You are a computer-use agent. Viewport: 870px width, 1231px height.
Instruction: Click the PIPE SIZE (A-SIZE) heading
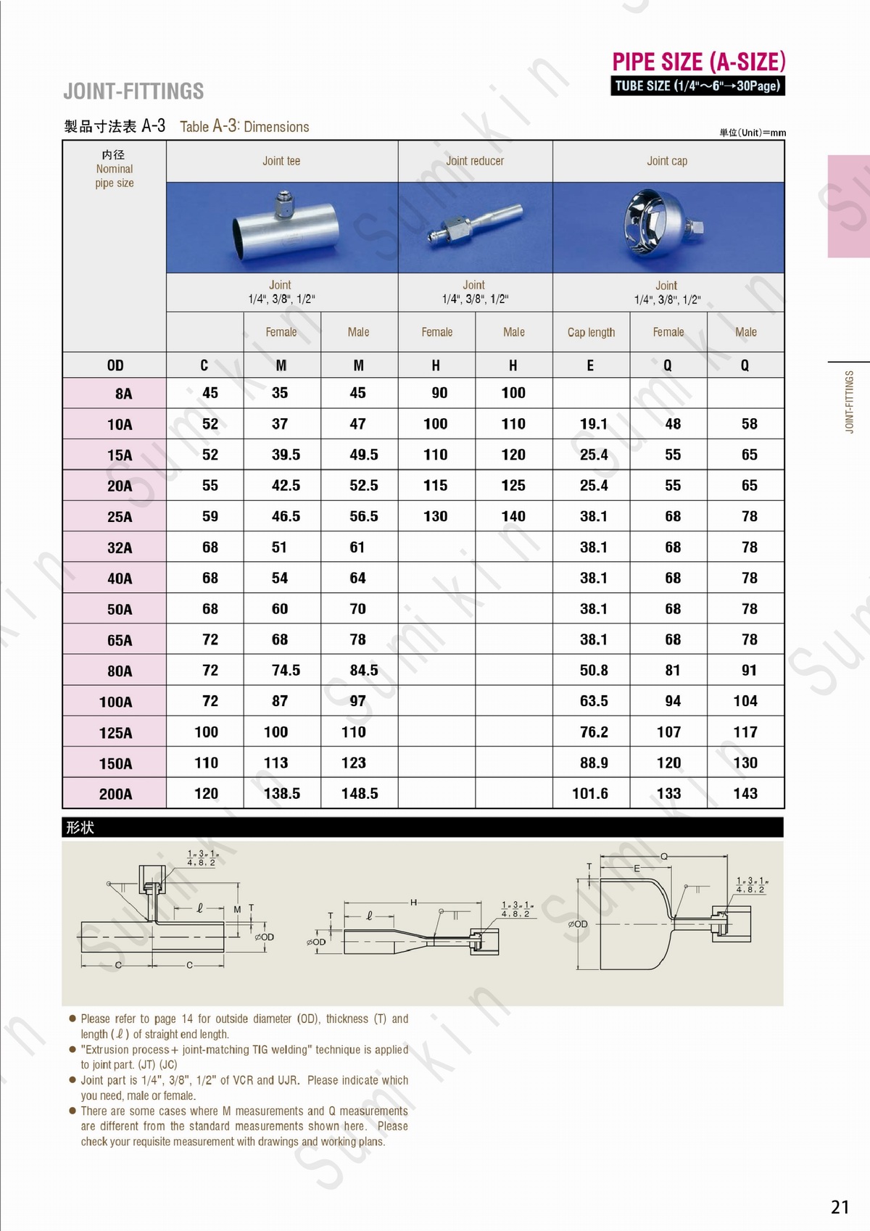click(698, 62)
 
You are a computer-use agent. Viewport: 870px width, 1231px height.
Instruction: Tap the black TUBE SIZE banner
click(697, 86)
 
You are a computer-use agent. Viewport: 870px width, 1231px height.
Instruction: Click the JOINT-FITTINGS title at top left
click(133, 91)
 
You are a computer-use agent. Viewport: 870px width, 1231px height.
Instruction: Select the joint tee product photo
click(282, 227)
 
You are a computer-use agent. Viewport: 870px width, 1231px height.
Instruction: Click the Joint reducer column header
click(475, 161)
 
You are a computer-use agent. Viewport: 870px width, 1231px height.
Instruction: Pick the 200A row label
click(116, 794)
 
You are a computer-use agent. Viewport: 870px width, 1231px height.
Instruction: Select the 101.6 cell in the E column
click(590, 793)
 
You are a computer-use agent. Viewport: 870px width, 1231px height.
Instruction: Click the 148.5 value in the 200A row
click(360, 793)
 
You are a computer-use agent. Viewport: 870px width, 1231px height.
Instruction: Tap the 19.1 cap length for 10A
click(593, 423)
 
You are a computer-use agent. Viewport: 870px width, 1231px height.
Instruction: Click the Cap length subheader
click(591, 332)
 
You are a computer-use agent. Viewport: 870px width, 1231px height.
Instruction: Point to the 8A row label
click(123, 394)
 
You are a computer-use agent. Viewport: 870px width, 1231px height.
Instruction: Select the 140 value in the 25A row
click(513, 516)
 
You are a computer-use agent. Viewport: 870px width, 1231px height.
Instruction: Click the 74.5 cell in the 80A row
click(286, 670)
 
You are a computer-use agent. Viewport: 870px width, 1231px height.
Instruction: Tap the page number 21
click(840, 1207)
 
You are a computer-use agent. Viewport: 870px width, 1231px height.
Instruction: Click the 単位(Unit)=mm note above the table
click(752, 133)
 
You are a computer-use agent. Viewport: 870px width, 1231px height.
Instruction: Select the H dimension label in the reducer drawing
click(413, 902)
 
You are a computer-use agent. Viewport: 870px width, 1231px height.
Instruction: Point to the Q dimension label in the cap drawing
click(663, 856)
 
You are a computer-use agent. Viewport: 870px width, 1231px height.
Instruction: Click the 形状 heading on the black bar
click(80, 827)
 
